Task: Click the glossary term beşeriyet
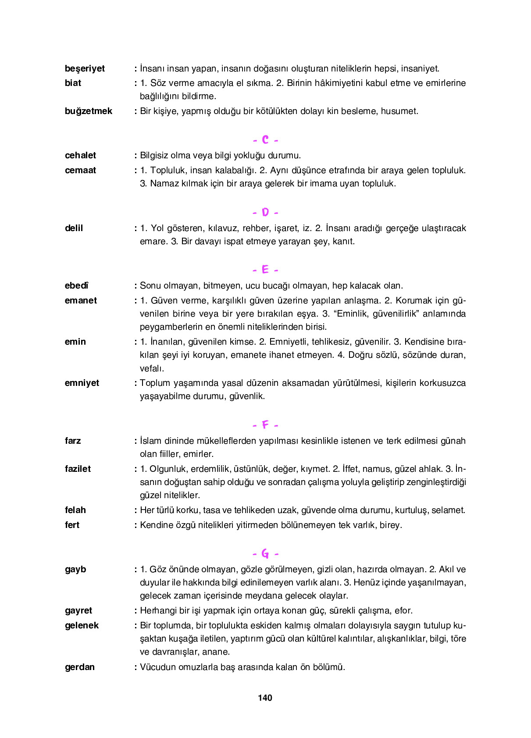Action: (85, 68)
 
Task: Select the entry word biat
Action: (73, 83)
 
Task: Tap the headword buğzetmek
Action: (88, 111)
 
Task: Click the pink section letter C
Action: (265, 140)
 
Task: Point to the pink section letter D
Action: (265, 213)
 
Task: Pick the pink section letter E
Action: (265, 270)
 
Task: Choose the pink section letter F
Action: (265, 425)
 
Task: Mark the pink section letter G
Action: (265, 554)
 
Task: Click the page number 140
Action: (265, 698)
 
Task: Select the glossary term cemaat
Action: (80, 170)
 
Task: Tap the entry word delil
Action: (74, 228)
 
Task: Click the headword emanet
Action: (81, 300)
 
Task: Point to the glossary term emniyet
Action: (82, 383)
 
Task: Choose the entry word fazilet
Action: (78, 469)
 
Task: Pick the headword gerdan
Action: (79, 667)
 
